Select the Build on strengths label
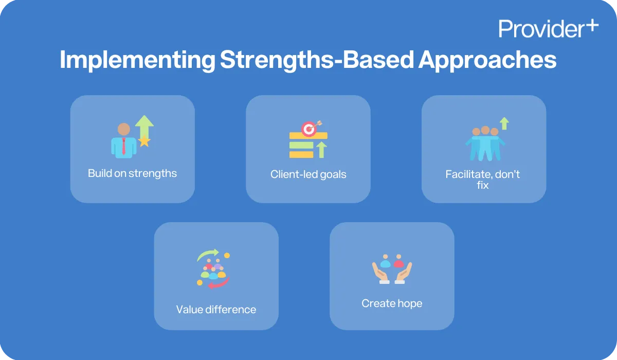(132, 173)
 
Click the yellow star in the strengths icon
(144, 140)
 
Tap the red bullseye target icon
(308, 129)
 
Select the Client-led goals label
(308, 174)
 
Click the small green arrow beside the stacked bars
(322, 149)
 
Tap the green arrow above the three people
(504, 123)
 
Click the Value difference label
(216, 309)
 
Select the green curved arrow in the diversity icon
(208, 254)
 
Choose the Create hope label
(392, 303)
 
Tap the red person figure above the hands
(399, 261)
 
